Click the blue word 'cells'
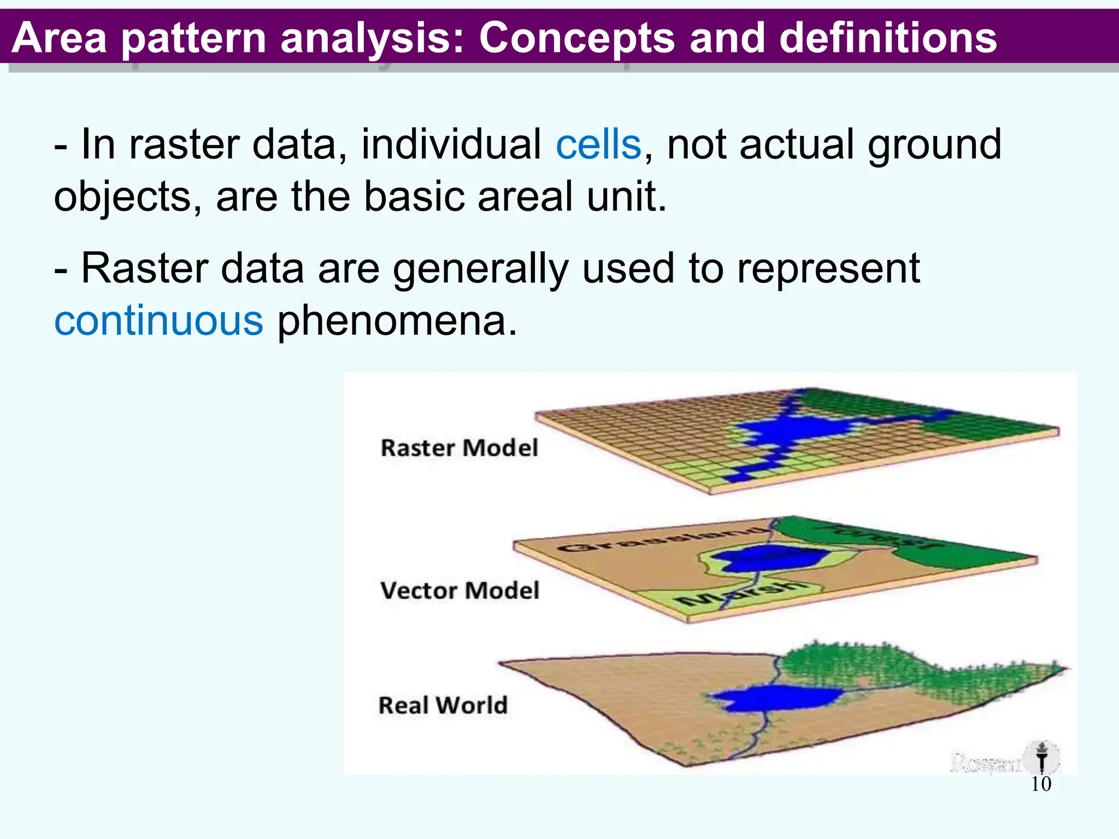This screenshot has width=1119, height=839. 598,145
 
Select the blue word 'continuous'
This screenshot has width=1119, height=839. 158,321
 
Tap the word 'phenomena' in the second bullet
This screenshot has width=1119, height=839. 397,321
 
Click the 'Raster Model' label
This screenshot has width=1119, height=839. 459,448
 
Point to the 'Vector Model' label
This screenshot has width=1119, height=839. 460,590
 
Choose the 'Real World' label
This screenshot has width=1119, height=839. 443,705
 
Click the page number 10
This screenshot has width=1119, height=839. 1041,784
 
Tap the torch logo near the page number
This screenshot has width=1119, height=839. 1042,757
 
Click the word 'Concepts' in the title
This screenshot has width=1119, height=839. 577,38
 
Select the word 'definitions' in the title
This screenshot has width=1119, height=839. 888,38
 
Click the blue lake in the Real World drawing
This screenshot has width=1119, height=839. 776,698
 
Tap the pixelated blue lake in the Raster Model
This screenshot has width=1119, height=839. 787,429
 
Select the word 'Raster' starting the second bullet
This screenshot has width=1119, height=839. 144,269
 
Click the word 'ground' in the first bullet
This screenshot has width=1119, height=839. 934,145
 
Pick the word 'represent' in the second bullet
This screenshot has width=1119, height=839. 828,269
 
